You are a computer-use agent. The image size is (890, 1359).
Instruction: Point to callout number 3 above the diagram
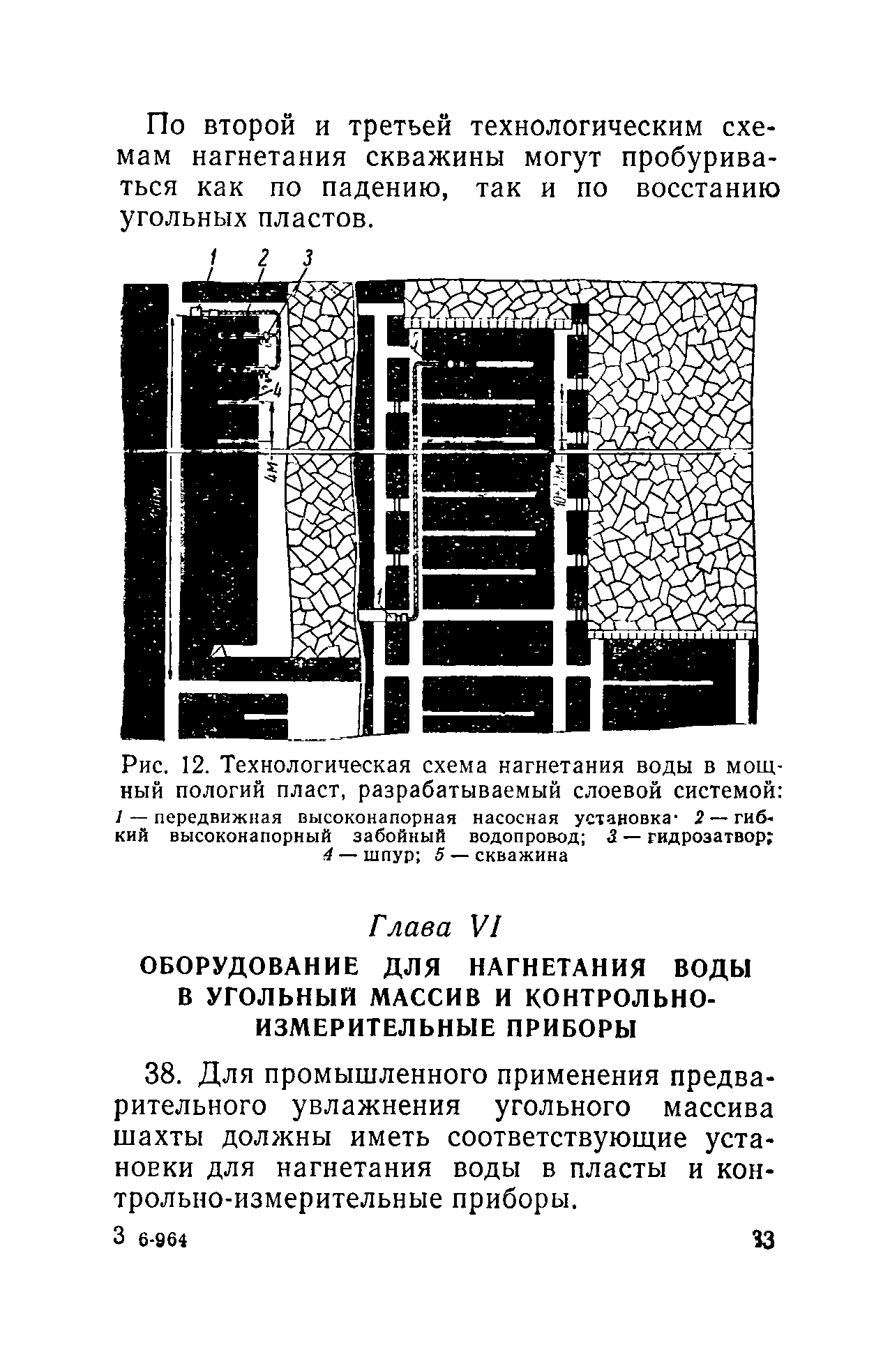point(307,259)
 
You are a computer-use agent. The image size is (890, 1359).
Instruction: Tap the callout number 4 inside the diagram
point(276,391)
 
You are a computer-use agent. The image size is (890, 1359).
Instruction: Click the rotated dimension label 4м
point(273,468)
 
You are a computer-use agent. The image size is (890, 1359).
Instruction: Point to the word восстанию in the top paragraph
point(707,188)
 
